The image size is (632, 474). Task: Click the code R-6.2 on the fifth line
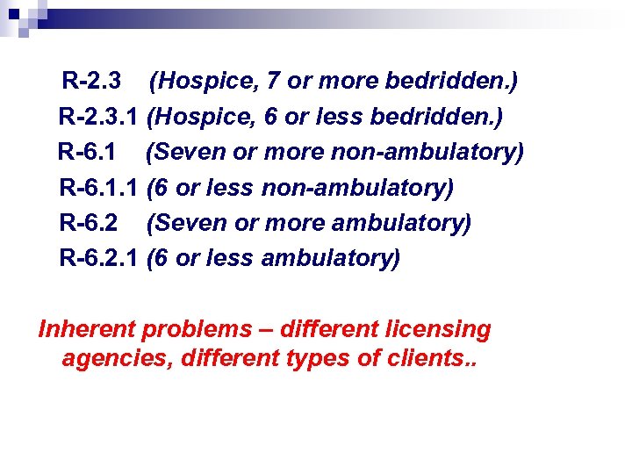[x=89, y=223]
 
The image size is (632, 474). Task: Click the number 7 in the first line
[x=273, y=82]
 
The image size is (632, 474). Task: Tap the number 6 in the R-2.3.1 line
[x=271, y=117]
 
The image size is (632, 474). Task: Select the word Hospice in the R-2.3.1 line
[x=205, y=117]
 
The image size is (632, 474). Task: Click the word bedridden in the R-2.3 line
[x=452, y=82]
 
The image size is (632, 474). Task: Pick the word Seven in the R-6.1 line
[x=191, y=152]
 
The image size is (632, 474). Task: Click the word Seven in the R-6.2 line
[x=191, y=223]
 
